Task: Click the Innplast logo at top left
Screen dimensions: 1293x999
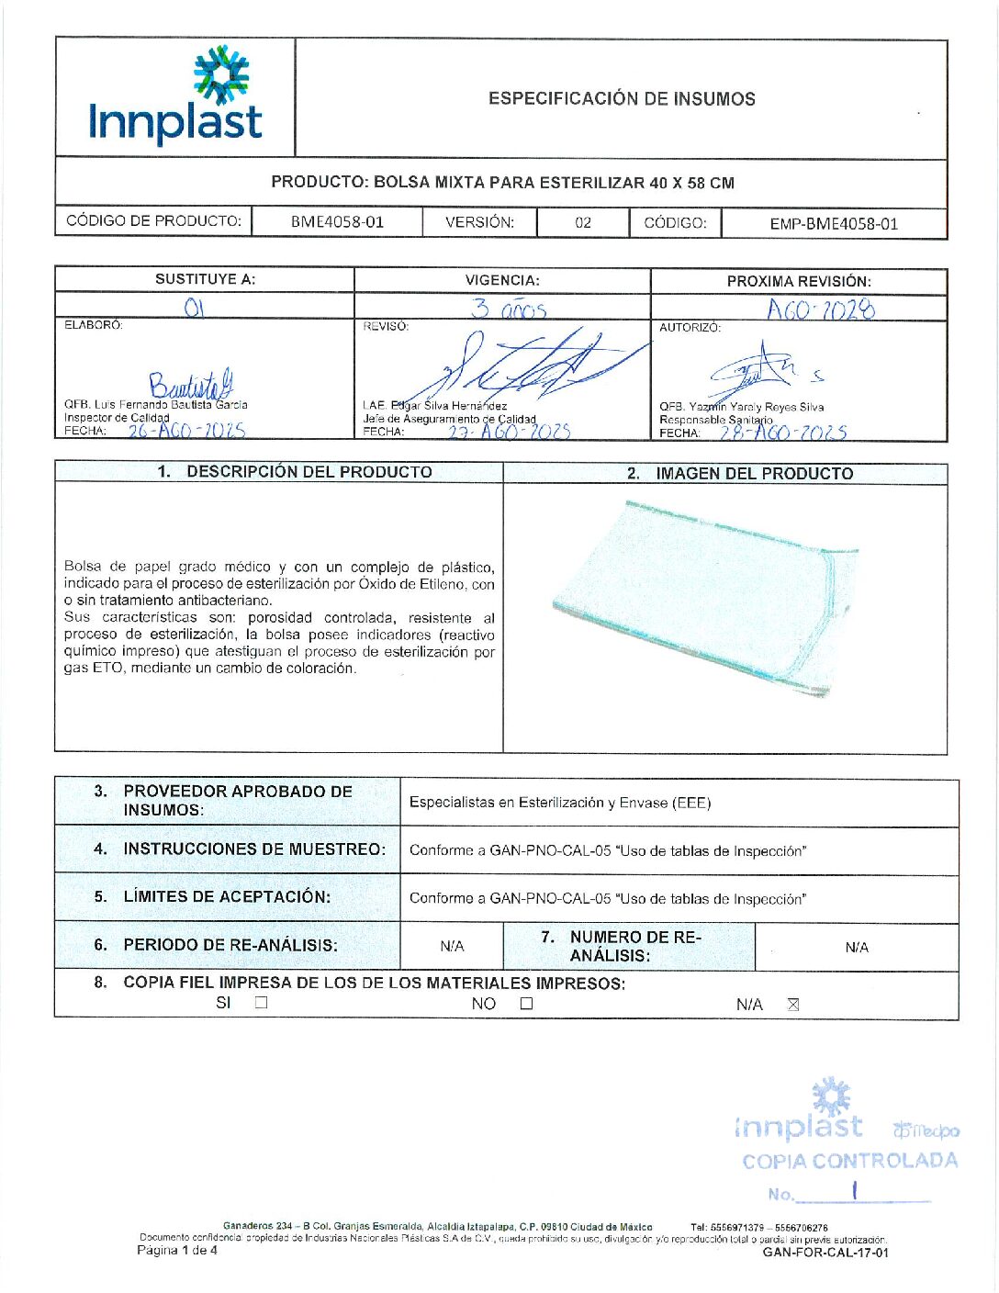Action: pyautogui.click(x=175, y=97)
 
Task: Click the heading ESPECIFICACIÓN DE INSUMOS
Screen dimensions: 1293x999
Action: pyautogui.click(x=622, y=99)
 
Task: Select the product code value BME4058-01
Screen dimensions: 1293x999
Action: pyautogui.click(x=337, y=222)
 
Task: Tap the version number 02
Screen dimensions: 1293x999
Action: pyautogui.click(x=583, y=222)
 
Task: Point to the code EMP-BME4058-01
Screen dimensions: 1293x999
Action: pyautogui.click(x=834, y=223)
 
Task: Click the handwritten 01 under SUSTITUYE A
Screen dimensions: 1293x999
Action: pyautogui.click(x=194, y=308)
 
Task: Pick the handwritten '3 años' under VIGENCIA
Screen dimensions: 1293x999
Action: pyautogui.click(x=509, y=309)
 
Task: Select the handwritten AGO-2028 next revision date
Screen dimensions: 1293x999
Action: pyautogui.click(x=821, y=309)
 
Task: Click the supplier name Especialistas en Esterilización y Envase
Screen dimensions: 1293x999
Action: pyautogui.click(x=560, y=803)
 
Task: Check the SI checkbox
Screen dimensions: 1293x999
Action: pyautogui.click(x=262, y=1003)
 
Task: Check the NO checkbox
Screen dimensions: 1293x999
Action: pyautogui.click(x=526, y=1004)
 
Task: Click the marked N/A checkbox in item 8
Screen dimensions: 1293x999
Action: pyautogui.click(x=793, y=1004)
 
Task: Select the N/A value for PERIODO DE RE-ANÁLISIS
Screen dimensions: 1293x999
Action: pyautogui.click(x=452, y=947)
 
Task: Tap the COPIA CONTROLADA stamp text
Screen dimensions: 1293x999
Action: pyautogui.click(x=849, y=1161)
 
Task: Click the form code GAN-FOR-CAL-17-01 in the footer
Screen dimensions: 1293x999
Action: pyautogui.click(x=825, y=1252)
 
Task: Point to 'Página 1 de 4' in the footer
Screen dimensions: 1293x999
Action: pyautogui.click(x=177, y=1250)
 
